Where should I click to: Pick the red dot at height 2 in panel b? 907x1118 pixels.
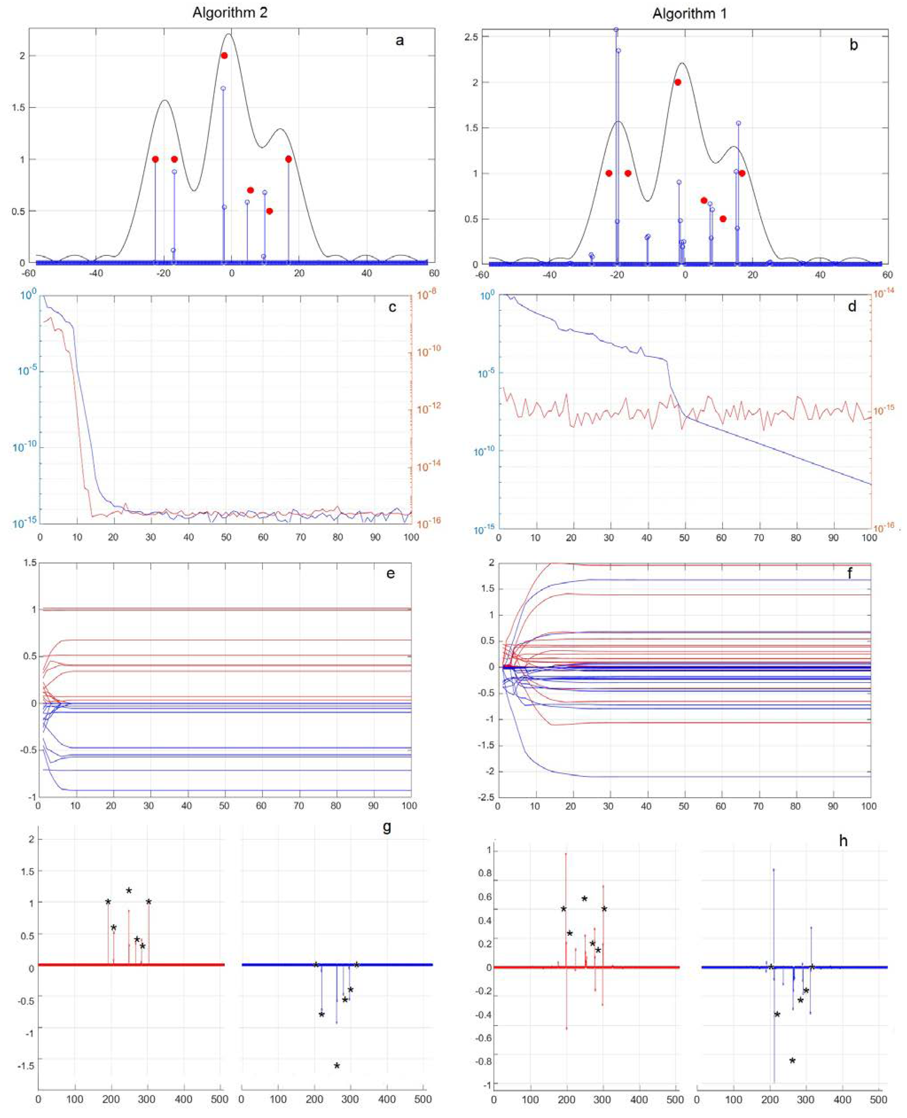click(x=678, y=82)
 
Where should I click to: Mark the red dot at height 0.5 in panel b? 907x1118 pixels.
click(x=723, y=219)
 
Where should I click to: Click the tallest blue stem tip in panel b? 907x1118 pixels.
click(x=616, y=30)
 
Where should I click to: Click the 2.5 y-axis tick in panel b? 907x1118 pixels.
click(x=474, y=37)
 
